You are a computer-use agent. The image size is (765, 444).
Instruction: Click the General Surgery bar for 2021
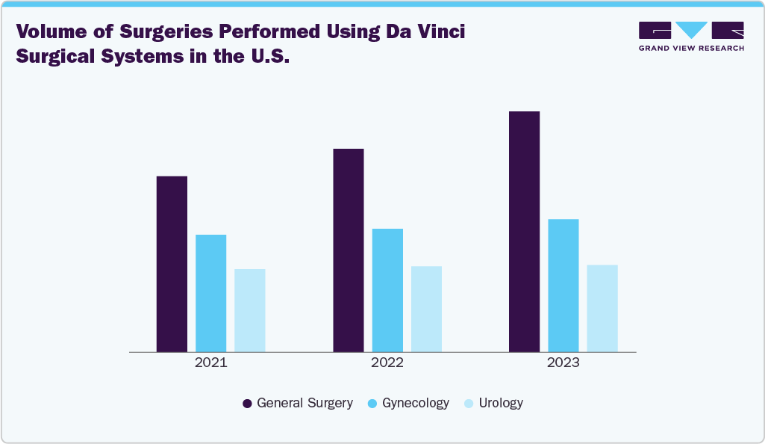(x=172, y=264)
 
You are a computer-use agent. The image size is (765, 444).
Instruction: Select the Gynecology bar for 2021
(x=210, y=293)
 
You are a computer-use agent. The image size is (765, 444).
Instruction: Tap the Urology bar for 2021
(x=249, y=310)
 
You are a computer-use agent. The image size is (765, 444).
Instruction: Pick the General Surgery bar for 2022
(x=348, y=250)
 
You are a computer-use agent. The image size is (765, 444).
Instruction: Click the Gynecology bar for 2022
(x=387, y=290)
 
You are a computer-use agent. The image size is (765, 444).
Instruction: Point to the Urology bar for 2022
(x=426, y=309)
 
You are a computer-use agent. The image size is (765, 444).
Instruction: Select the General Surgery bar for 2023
(x=524, y=231)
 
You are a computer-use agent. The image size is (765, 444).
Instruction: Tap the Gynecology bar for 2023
(x=563, y=285)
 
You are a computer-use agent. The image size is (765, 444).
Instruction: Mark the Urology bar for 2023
(x=602, y=308)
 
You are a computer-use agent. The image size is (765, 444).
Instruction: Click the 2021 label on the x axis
(x=210, y=363)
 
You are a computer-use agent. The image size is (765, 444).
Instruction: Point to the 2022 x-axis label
(x=387, y=363)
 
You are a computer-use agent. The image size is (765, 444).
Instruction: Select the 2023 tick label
(x=563, y=363)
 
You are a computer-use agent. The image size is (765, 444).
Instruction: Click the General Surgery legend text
(x=305, y=403)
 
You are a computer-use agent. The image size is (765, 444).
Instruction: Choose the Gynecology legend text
(x=416, y=403)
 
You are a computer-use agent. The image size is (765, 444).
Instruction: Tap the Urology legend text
(x=501, y=403)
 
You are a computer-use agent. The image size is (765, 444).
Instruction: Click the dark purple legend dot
(x=247, y=404)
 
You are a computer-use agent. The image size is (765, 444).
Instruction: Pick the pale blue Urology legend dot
(x=468, y=404)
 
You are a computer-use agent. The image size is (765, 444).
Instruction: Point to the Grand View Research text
(x=691, y=48)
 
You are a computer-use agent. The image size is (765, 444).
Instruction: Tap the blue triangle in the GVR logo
(x=691, y=30)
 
